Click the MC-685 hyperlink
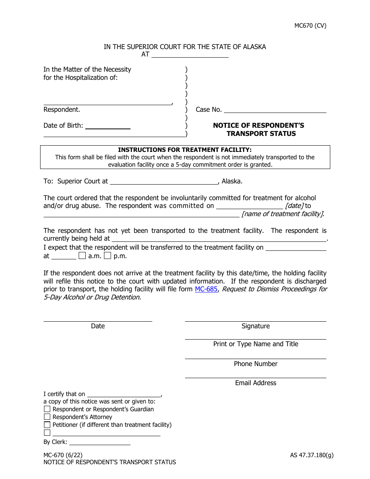click(206, 289)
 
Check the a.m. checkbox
click(82, 256)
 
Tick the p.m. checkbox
click(107, 256)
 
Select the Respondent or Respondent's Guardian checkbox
click(47, 409)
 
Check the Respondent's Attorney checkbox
click(47, 417)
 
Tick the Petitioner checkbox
click(47, 424)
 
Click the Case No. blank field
click(275, 109)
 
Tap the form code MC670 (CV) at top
click(310, 26)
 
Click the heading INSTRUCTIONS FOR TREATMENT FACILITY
click(185, 150)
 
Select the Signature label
click(255, 326)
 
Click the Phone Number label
click(255, 364)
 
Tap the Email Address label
click(255, 383)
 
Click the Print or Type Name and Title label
click(255, 344)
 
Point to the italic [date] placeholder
click(294, 206)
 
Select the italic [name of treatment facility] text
click(282, 214)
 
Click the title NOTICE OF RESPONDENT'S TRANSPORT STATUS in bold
click(259, 129)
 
